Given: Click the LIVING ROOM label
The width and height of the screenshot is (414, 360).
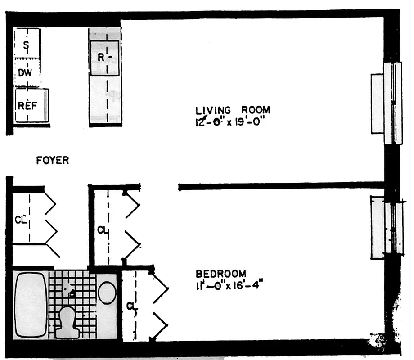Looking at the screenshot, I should (x=232, y=110).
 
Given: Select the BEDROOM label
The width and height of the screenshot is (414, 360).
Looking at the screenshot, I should (x=221, y=273).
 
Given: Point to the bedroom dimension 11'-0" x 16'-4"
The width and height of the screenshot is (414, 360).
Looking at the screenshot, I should (x=229, y=285).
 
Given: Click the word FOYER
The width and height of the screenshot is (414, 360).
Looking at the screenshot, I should (x=53, y=160).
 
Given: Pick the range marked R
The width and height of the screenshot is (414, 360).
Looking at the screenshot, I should (x=104, y=58).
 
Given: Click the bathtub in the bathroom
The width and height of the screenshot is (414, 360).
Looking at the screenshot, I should (x=31, y=304).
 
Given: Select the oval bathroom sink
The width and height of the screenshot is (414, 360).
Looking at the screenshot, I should (x=107, y=292).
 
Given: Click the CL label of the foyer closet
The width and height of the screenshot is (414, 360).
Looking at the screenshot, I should (x=20, y=220).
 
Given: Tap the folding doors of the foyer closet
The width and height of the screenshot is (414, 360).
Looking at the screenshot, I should (x=51, y=223).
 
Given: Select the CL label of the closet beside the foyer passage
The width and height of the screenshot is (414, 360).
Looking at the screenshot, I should (x=102, y=230).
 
